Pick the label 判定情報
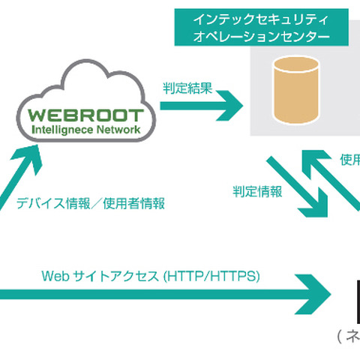pos(257,192)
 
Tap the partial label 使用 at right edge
pos(349,159)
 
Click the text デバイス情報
pos(46,203)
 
